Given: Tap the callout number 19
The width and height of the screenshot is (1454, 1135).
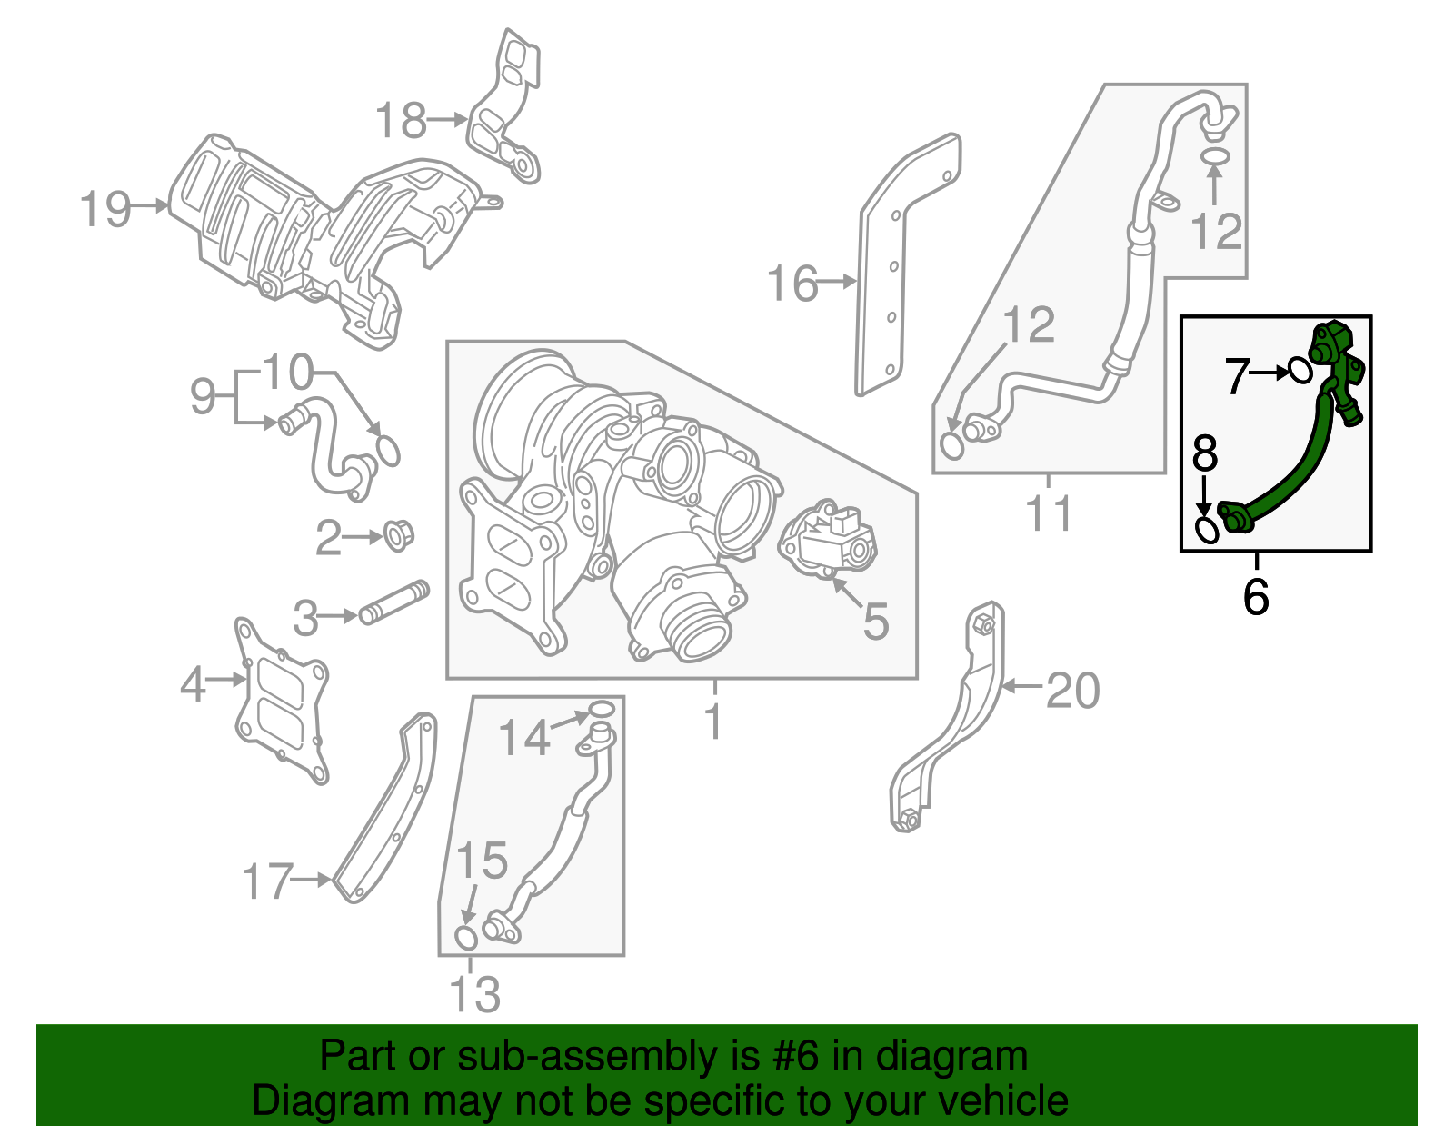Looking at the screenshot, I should [x=105, y=209].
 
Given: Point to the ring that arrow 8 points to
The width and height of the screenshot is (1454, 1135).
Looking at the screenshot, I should [x=1206, y=530].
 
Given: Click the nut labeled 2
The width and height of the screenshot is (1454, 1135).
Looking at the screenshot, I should [x=397, y=534].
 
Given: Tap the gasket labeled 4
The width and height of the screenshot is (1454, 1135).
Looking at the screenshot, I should [x=280, y=700].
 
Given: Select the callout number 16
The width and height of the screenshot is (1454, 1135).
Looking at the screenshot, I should [x=792, y=284].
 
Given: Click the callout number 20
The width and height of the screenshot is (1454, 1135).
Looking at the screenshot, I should [x=1073, y=691].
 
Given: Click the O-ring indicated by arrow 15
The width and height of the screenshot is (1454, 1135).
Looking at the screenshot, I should [x=465, y=937].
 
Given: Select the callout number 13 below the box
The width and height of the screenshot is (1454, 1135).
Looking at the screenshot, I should [x=474, y=994].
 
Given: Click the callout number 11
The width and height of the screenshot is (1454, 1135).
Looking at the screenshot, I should [x=1050, y=513].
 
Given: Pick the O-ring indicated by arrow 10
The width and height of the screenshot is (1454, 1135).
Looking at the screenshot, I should [x=387, y=451].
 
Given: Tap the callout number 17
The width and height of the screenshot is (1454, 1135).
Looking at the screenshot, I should [x=267, y=881].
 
